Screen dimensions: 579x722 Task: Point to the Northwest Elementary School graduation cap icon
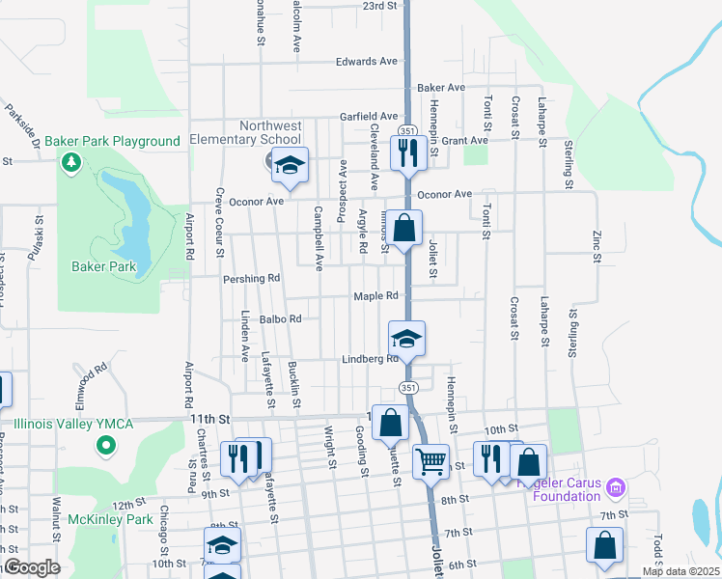[289, 166]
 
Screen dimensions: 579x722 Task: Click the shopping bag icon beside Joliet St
[405, 229]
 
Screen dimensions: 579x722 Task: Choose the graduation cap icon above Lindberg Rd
[406, 338]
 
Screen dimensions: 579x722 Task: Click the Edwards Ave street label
[367, 62]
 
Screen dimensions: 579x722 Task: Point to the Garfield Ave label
[368, 116]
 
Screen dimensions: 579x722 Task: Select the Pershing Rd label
[251, 279]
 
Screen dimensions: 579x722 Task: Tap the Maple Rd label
[375, 296]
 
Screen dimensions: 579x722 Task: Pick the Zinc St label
[597, 246]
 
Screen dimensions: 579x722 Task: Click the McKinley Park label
[111, 519]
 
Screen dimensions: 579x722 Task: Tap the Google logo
[32, 567]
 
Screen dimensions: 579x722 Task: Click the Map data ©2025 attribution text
[680, 571]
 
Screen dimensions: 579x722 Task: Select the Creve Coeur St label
[220, 223]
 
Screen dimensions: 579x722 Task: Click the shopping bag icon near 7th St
[605, 545]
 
